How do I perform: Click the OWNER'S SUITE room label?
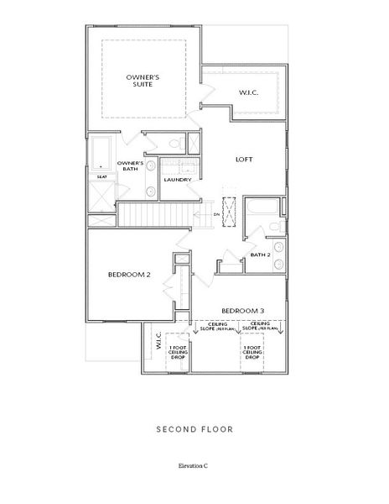click(x=143, y=81)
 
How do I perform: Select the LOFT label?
click(x=243, y=160)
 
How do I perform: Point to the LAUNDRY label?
click(x=177, y=180)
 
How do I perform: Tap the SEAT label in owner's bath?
click(x=101, y=177)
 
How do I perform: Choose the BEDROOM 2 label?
click(x=128, y=275)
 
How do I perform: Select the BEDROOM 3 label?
click(x=243, y=309)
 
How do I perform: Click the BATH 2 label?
click(x=260, y=255)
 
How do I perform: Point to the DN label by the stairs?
click(x=215, y=214)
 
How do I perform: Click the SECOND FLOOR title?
click(x=194, y=429)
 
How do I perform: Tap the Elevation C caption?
click(x=194, y=465)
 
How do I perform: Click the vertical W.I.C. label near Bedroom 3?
click(x=156, y=341)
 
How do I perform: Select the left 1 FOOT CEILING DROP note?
click(x=178, y=353)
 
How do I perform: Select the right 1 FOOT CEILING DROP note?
click(x=252, y=353)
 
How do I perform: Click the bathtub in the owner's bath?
click(x=101, y=154)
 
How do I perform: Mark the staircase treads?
click(x=159, y=215)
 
